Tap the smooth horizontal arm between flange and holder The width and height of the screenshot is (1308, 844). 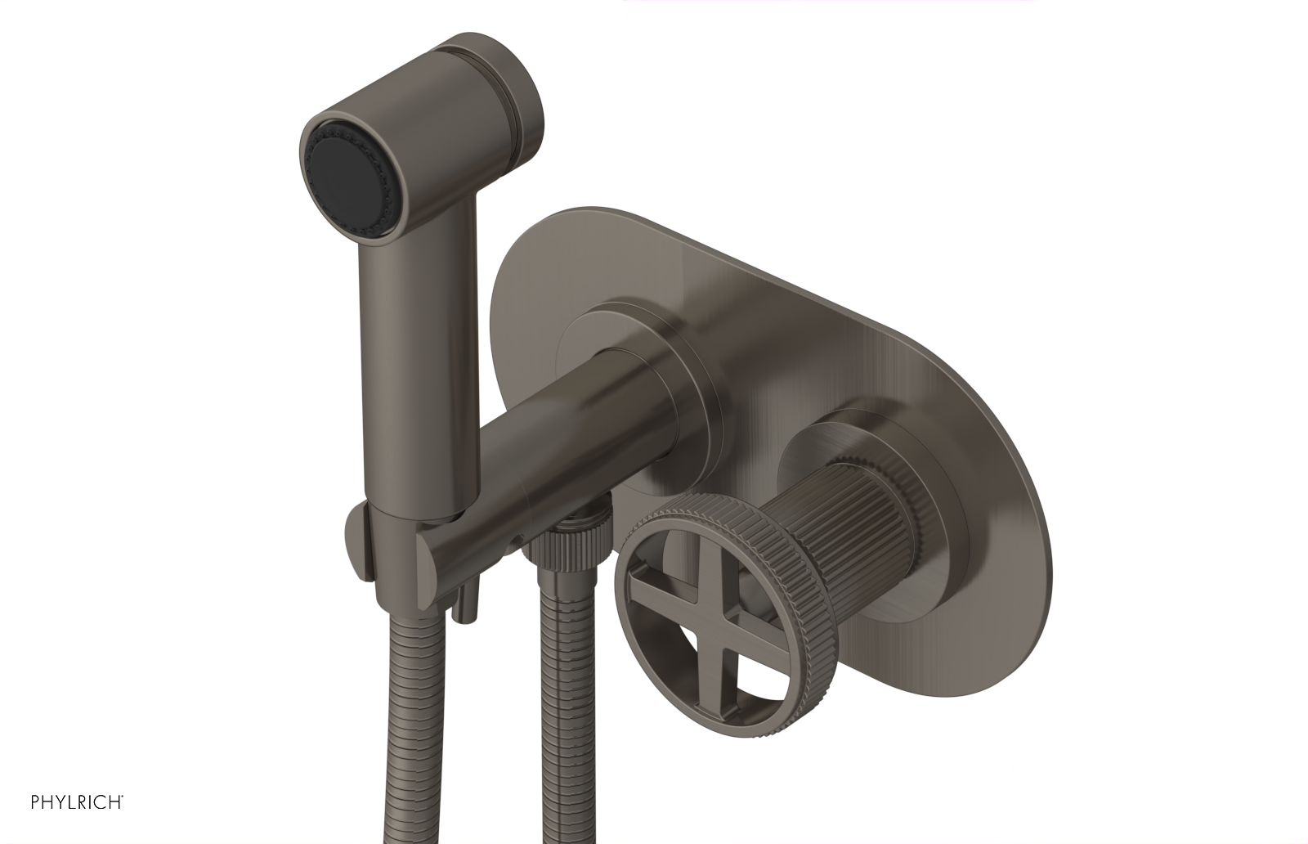[x=556, y=433]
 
